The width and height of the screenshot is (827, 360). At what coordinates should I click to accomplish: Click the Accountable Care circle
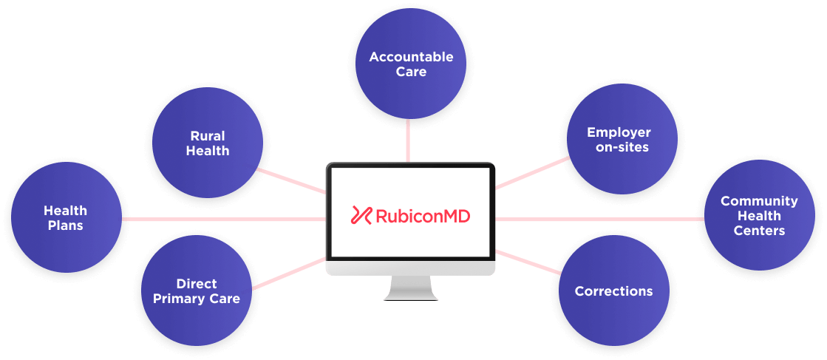click(x=411, y=64)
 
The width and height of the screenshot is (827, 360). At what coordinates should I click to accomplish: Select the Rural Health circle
click(x=208, y=143)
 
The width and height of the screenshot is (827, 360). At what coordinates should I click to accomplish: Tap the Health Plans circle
click(x=67, y=217)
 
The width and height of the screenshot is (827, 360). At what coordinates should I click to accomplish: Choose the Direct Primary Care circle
click(x=197, y=291)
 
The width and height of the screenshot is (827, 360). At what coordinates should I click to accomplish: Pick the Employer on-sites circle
click(x=622, y=140)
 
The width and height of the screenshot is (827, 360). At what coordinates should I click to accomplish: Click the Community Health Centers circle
click(x=760, y=215)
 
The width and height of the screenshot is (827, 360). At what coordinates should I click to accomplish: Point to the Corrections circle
click(x=614, y=291)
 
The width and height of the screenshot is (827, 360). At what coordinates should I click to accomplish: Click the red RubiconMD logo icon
click(x=361, y=215)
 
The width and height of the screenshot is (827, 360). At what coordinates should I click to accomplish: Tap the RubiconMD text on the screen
click(x=423, y=216)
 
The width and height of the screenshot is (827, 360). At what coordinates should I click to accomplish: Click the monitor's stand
click(x=411, y=288)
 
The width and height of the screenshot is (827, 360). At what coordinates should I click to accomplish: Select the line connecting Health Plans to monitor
click(x=224, y=219)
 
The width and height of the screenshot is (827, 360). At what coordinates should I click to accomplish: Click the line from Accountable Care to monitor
click(x=408, y=141)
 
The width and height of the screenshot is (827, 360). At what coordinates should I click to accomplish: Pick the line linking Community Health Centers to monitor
click(x=599, y=219)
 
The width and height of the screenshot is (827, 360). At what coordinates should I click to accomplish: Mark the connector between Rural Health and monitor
click(x=292, y=180)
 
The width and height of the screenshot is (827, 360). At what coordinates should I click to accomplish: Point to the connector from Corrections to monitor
click(x=528, y=262)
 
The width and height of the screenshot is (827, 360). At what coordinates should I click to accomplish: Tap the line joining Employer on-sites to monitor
click(x=532, y=173)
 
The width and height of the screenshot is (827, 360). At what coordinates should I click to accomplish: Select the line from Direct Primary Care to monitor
click(x=289, y=274)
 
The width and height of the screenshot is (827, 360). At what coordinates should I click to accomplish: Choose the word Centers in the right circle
click(x=760, y=231)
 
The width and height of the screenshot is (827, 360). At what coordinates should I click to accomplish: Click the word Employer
click(x=619, y=132)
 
